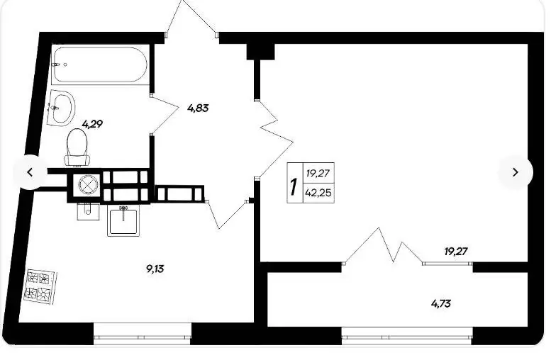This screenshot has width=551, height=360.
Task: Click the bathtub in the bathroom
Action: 99,64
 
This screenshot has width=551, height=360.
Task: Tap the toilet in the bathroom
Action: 77,147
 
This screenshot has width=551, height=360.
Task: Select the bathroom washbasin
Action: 61,107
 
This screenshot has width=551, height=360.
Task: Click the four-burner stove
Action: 40,286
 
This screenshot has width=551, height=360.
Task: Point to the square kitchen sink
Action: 123,220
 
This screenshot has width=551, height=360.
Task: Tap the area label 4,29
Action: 92,124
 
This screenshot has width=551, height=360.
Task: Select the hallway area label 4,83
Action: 198,108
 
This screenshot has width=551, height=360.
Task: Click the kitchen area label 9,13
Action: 155,269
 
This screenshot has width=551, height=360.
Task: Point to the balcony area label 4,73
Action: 441,303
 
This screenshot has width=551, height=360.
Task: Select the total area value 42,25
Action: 318,193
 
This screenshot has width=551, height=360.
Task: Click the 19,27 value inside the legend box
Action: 317,173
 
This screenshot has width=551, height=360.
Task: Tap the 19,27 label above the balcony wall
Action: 456,252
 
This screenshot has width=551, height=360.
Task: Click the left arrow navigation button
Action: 30,172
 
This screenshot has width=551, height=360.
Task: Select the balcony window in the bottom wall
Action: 407,335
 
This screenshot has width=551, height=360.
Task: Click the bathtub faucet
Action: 56,64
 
